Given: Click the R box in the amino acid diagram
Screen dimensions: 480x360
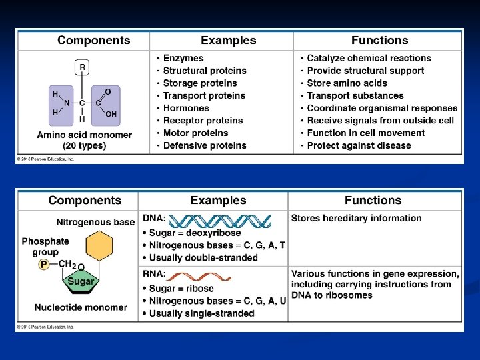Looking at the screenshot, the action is pyautogui.click(x=82, y=67).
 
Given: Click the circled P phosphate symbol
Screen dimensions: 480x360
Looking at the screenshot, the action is pyautogui.click(x=44, y=265).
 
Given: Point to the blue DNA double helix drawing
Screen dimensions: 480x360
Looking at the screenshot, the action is pyautogui.click(x=219, y=221).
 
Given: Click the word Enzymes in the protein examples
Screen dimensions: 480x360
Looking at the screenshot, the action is pyautogui.click(x=183, y=58).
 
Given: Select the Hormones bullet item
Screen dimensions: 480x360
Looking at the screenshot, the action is pyautogui.click(x=186, y=108).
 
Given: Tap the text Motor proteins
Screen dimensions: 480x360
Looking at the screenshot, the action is pyautogui.click(x=195, y=133).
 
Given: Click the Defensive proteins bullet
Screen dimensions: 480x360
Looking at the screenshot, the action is pyautogui.click(x=205, y=145).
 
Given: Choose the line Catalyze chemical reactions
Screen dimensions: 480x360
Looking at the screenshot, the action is pyautogui.click(x=369, y=58).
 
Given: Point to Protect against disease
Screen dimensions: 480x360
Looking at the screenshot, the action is pyautogui.click(x=359, y=145).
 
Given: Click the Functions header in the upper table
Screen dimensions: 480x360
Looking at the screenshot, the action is pyautogui.click(x=379, y=40).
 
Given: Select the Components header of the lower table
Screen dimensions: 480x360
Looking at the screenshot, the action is pyautogui.click(x=85, y=200).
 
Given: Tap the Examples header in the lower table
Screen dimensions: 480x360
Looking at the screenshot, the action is pyautogui.click(x=218, y=200).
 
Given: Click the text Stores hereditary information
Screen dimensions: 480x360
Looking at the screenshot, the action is pyautogui.click(x=357, y=218).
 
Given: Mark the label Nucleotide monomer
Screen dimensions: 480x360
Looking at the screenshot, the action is pyautogui.click(x=81, y=307).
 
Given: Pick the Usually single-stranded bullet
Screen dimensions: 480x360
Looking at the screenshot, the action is pyautogui.click(x=201, y=313).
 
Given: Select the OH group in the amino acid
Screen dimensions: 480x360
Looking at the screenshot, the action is pyautogui.click(x=111, y=114).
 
